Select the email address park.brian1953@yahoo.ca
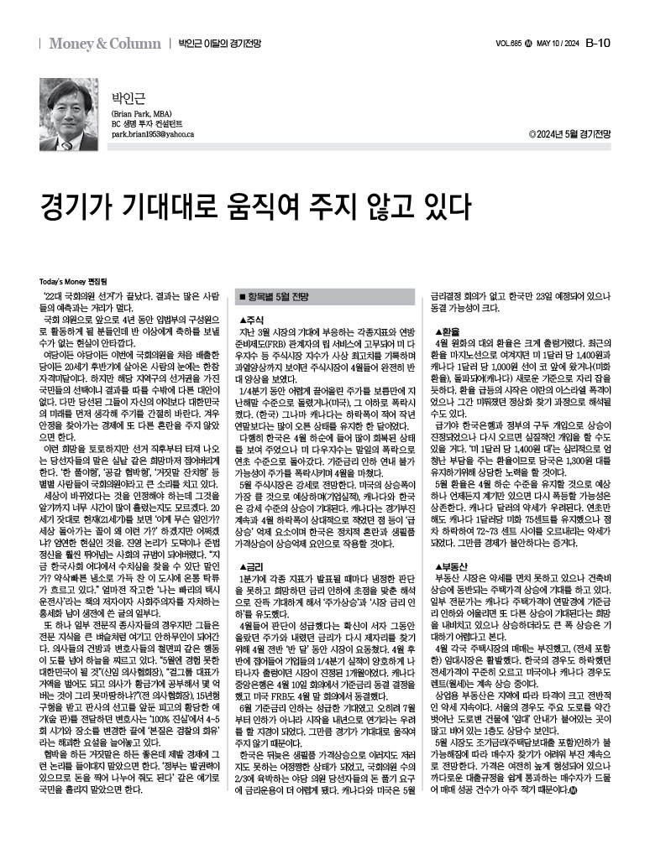(153, 134)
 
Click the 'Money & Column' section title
(104, 43)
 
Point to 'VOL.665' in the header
(511, 44)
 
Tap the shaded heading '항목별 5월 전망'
(278, 296)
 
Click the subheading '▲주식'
(251, 320)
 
